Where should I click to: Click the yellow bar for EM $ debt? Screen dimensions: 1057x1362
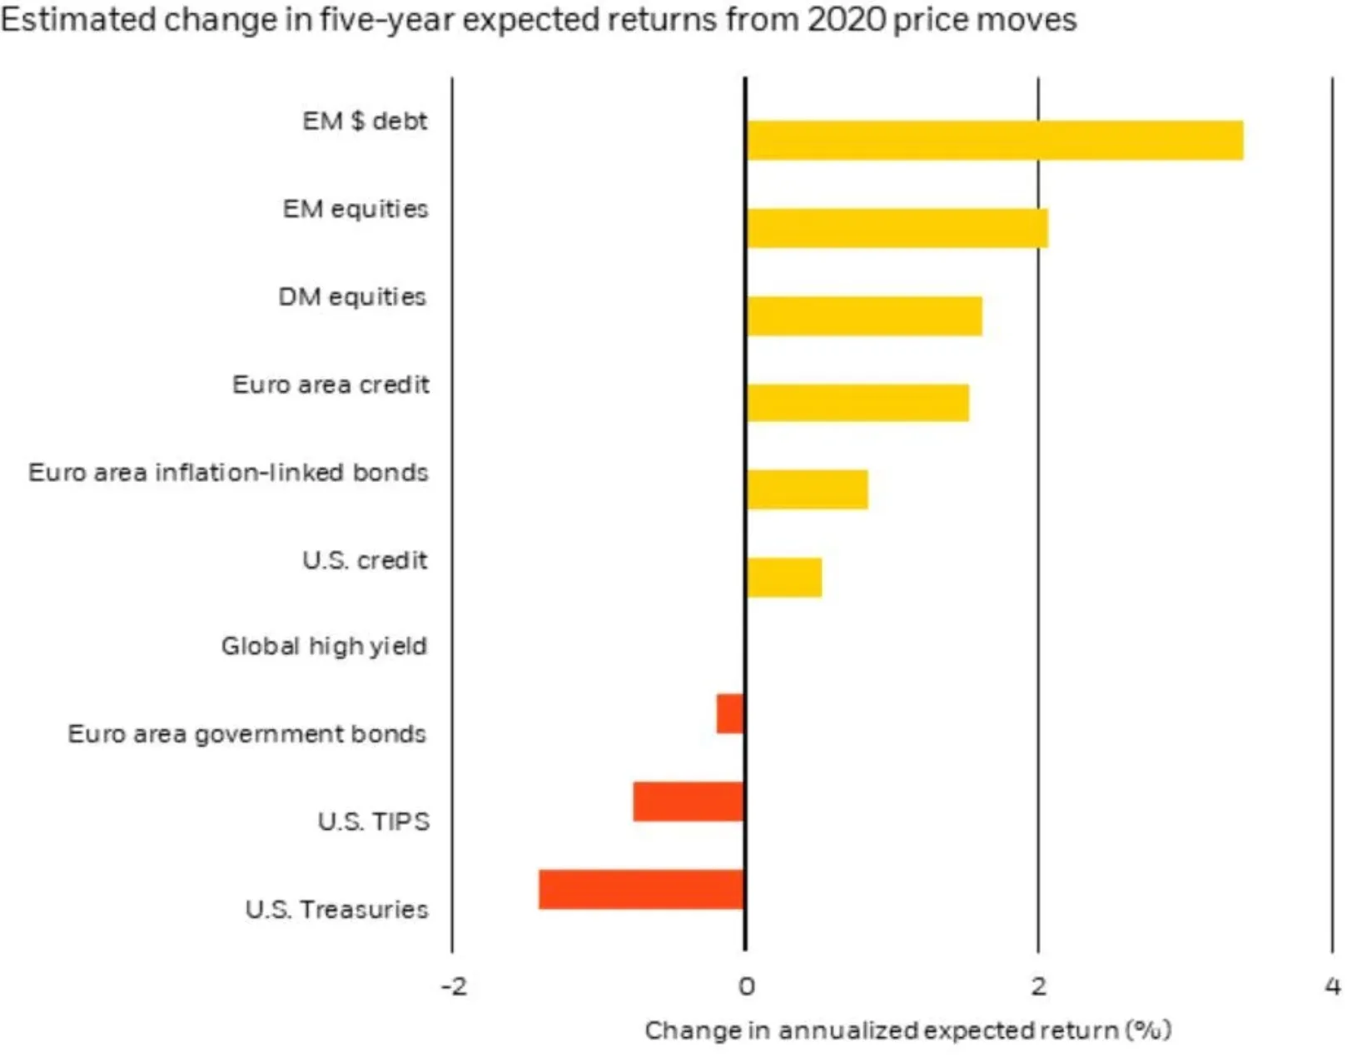[x=995, y=140]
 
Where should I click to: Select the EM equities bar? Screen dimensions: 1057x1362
[x=897, y=228]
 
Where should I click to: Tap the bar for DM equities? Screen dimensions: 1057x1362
[x=864, y=316]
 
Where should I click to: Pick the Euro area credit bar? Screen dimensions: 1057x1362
[x=857, y=403]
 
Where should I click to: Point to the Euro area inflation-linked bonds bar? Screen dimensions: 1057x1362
[x=807, y=489]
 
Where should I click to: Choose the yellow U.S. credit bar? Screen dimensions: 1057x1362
[x=784, y=578]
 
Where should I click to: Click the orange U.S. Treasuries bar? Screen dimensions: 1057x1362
[x=641, y=889]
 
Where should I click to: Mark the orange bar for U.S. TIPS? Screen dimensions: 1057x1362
[x=688, y=801]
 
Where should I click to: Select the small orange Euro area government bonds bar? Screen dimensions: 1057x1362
[x=730, y=713]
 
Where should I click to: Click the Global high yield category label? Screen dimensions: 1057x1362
[x=324, y=646]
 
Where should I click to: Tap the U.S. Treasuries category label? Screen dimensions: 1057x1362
[x=336, y=909]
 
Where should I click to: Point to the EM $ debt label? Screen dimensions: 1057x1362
[x=365, y=122]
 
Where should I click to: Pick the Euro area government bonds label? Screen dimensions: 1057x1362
[x=246, y=734]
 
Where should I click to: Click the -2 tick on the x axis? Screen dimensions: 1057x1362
[x=454, y=987]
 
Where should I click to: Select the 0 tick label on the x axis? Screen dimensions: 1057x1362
[x=746, y=987]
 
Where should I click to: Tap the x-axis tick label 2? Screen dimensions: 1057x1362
[x=1038, y=987]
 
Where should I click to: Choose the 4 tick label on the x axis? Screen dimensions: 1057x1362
[x=1332, y=987]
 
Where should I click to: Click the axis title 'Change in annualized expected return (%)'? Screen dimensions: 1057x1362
[x=907, y=1030]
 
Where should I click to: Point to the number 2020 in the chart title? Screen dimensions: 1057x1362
[x=846, y=19]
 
